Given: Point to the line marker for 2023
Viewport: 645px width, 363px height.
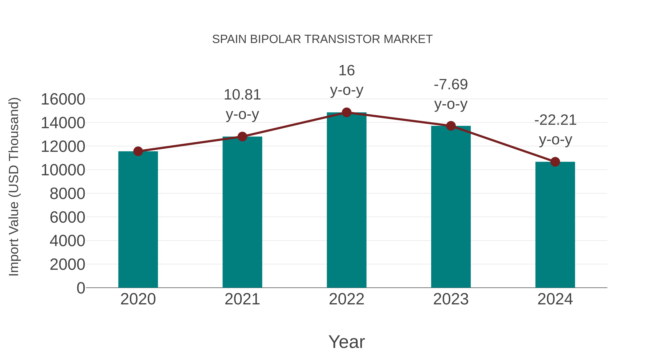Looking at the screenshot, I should pyautogui.click(x=451, y=126).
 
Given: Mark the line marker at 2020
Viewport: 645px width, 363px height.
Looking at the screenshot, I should pyautogui.click(x=138, y=151).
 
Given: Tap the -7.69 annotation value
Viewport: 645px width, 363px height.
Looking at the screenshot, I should pyautogui.click(x=451, y=84).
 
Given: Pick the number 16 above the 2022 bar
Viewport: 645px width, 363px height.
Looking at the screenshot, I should pyautogui.click(x=347, y=70).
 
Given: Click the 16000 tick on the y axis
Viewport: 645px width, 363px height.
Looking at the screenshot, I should pyautogui.click(x=63, y=99).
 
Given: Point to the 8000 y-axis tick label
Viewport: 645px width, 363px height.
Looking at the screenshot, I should pyautogui.click(x=67, y=194).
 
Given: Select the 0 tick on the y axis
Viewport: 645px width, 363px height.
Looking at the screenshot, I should pyautogui.click(x=81, y=288).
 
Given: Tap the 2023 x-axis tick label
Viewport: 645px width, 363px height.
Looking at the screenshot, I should pyautogui.click(x=451, y=299).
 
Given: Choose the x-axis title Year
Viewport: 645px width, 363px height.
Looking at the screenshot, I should pyautogui.click(x=347, y=342).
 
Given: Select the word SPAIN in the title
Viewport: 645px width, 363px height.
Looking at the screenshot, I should pyautogui.click(x=229, y=39).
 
